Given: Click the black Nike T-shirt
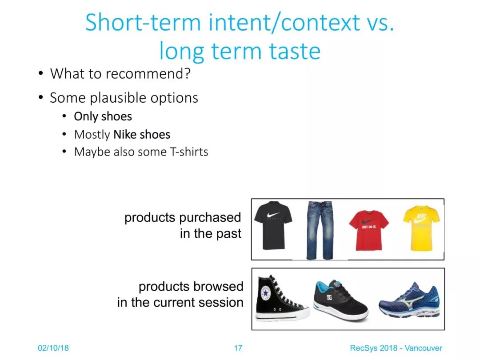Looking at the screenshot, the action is click(273, 225).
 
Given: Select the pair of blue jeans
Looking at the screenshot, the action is click(319, 230).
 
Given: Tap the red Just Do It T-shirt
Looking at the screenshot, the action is click(368, 230).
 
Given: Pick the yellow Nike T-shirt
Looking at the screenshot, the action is click(421, 228).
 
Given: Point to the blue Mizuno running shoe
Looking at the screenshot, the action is click(409, 301).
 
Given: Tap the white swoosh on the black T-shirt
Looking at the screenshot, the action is click(273, 215).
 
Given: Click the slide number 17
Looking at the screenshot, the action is click(238, 348).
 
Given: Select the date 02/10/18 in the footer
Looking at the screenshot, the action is click(53, 348).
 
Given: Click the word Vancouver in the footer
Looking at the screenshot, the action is click(424, 348).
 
